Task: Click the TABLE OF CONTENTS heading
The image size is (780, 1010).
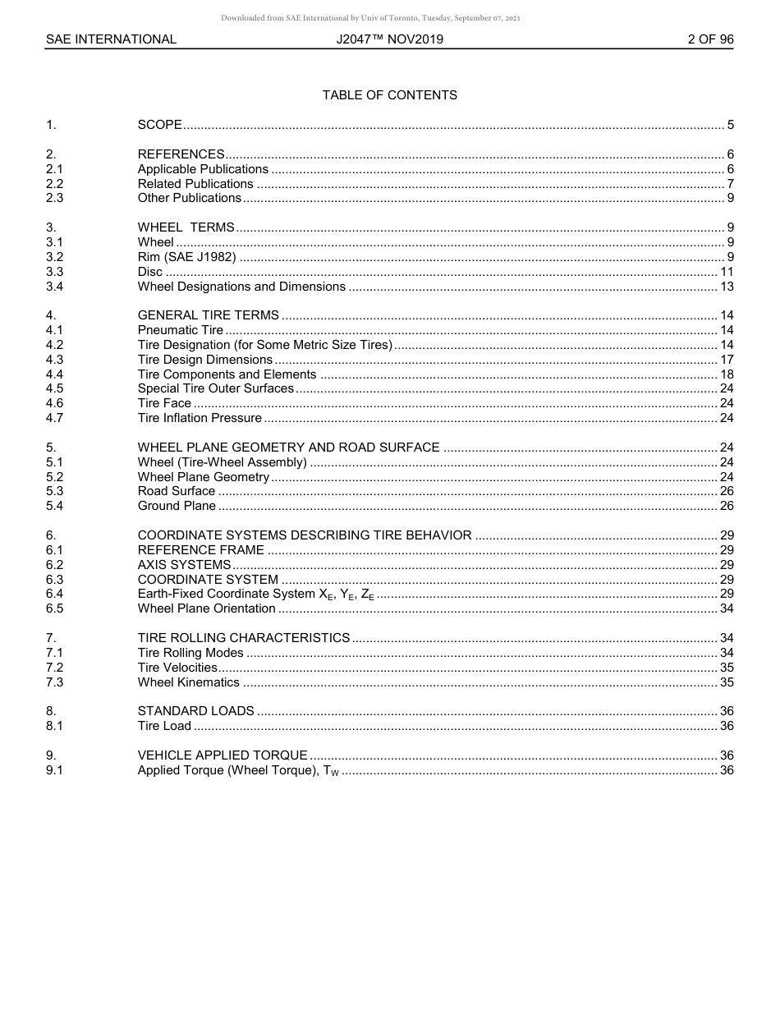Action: tap(389, 95)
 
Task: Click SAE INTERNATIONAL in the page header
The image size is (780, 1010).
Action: tap(111, 39)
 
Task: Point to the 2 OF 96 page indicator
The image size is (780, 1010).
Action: tap(710, 39)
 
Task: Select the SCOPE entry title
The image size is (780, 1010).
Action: tap(159, 126)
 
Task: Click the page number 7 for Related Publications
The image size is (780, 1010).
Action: tap(730, 184)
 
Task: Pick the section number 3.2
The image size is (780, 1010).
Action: tap(54, 257)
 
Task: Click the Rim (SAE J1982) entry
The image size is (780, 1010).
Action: tap(186, 257)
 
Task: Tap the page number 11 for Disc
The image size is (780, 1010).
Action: tap(727, 272)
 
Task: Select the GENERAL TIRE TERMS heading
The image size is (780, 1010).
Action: tap(208, 315)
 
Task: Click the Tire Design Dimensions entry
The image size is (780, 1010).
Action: tap(204, 360)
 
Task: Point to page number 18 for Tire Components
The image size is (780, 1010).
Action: tap(727, 374)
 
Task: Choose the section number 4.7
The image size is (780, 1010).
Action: tap(54, 418)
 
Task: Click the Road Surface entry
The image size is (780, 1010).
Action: tap(176, 491)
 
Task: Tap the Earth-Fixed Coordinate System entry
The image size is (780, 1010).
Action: tap(255, 594)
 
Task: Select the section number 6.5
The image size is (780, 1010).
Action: tap(54, 608)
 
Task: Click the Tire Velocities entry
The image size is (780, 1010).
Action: tap(177, 668)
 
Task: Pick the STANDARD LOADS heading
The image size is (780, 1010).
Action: tap(195, 711)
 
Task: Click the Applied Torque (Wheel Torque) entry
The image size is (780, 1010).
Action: tap(238, 770)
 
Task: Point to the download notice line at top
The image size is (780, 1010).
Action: tap(370, 18)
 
